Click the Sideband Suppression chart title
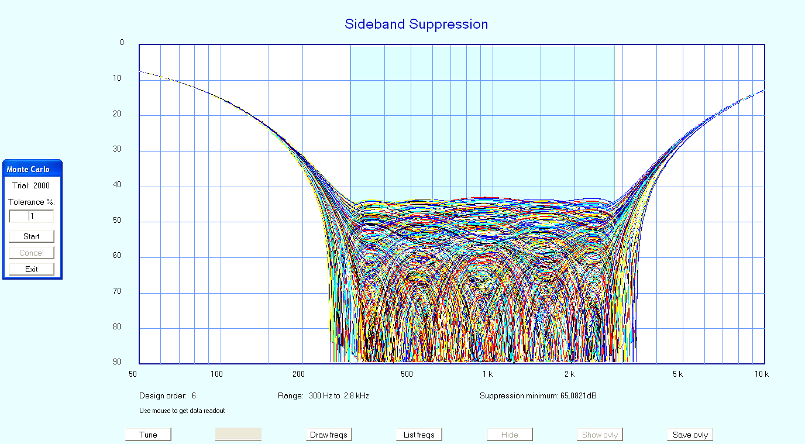click(x=416, y=24)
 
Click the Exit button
click(x=32, y=269)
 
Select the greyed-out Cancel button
click(x=32, y=253)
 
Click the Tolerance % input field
click(x=32, y=216)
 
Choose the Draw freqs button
click(x=328, y=435)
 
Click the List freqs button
click(x=419, y=435)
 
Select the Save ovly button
click(x=690, y=435)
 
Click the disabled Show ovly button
click(x=600, y=435)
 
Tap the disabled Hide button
click(x=510, y=435)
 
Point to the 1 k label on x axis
click(x=487, y=374)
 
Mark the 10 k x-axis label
click(x=761, y=374)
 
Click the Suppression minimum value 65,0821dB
click(x=577, y=396)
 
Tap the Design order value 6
click(x=194, y=396)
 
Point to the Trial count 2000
click(x=42, y=186)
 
